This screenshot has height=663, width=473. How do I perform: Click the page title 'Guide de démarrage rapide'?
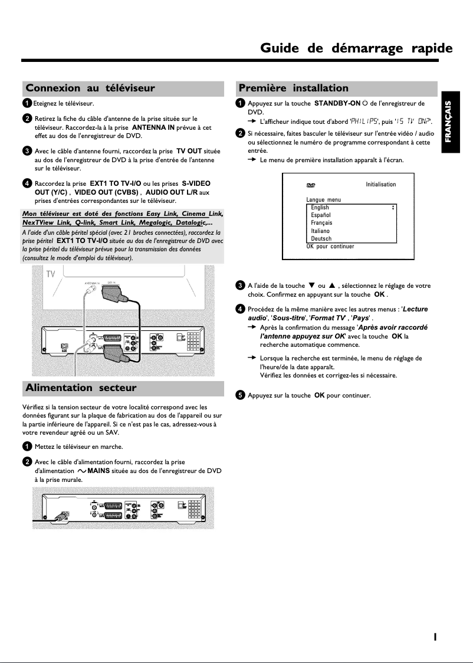tap(356, 48)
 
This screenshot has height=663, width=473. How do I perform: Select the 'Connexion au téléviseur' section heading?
tap(90, 88)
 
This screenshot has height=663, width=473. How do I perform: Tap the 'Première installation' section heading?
tap(293, 88)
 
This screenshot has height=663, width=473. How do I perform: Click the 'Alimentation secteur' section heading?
tap(81, 388)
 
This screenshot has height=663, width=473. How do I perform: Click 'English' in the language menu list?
tap(320, 208)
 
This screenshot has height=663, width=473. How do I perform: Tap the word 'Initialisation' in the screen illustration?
tap(380, 185)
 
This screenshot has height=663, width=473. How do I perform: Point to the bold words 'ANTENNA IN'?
tap(153, 127)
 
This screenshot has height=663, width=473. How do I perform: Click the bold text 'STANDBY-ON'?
tap(337, 103)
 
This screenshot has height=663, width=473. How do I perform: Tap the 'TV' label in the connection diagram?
tap(51, 275)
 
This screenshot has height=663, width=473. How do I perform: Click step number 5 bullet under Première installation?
tap(240, 395)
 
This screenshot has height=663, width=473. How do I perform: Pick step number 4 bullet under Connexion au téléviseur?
tap(27, 184)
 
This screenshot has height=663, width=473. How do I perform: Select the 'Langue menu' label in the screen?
tap(323, 200)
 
